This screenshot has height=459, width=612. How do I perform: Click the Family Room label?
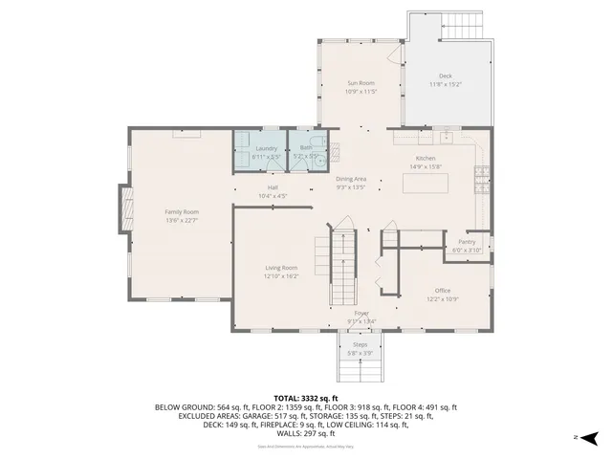pos(182,211)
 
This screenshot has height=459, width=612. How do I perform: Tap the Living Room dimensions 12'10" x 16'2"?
pos(282,276)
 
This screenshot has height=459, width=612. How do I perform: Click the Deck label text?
pos(445,76)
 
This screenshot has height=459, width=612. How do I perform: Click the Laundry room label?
pos(267,148)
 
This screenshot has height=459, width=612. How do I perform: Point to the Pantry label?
pos(467,242)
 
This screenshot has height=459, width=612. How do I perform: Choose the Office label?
pos(442,291)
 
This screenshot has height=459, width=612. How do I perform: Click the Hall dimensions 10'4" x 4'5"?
pos(273,196)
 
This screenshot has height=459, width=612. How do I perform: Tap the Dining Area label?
pos(351,179)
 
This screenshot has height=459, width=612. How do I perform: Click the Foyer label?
pos(361,313)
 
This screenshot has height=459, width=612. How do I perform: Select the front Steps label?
pos(361,344)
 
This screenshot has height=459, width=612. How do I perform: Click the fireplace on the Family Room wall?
pos(124,210)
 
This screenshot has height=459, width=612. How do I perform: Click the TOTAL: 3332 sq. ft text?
pos(306,398)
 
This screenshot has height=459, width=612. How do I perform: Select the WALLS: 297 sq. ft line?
pos(306,433)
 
